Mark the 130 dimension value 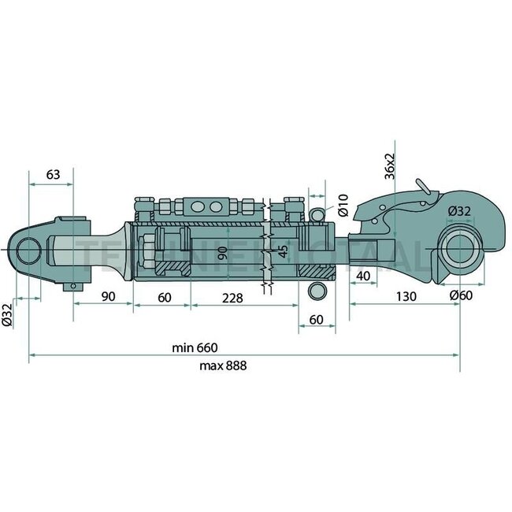[404, 297]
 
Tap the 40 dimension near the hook [364, 275]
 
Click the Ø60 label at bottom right [460, 296]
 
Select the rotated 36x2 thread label [390, 166]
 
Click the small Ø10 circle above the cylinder [318, 213]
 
